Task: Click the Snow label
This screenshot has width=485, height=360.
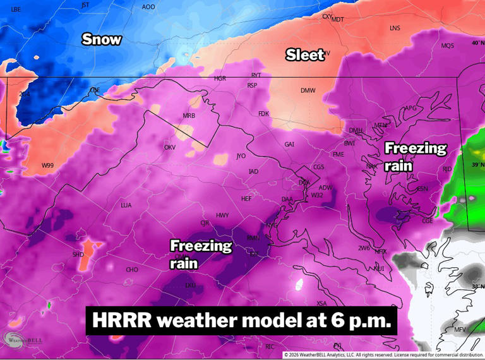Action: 101,39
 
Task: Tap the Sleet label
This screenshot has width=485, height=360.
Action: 305,55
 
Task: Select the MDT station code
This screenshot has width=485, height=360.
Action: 338,20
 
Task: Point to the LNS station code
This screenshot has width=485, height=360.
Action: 395,28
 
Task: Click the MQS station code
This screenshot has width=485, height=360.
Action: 447,46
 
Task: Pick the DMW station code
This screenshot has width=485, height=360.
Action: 308,91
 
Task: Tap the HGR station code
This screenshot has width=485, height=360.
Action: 220,79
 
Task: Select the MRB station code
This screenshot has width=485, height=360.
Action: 189,116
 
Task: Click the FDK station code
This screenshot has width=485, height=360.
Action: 263,114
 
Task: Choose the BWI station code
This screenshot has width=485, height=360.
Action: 349,143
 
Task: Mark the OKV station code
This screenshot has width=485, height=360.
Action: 169,148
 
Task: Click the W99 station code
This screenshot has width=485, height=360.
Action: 47,165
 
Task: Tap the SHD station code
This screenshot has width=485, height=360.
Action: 78,255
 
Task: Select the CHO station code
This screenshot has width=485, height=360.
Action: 132,270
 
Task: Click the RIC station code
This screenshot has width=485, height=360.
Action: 270,347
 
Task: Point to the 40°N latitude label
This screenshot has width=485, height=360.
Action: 479,43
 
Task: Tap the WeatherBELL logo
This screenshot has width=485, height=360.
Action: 23,339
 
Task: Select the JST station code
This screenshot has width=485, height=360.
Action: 86,5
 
